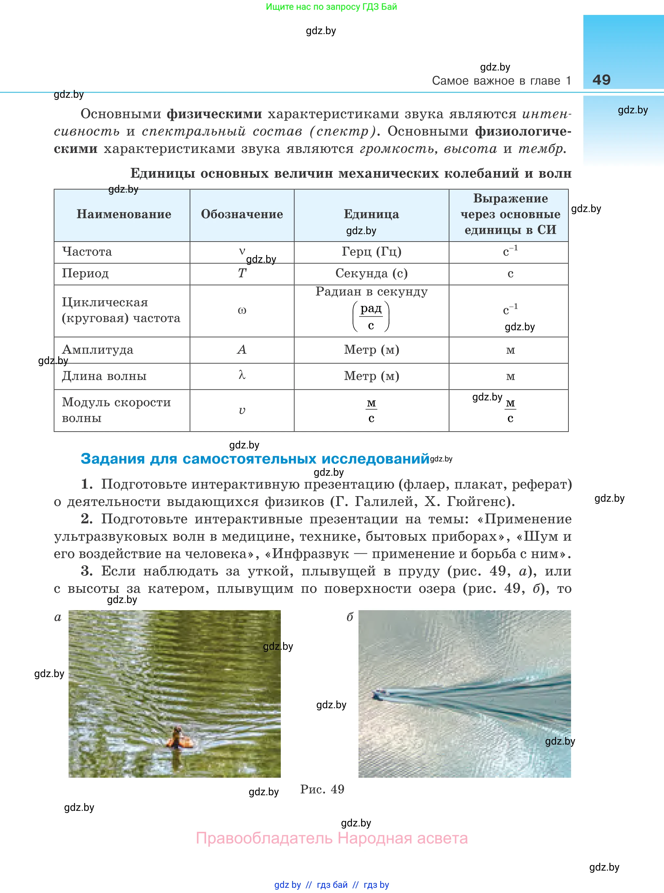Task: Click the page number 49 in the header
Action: [601, 80]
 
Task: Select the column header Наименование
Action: [124, 214]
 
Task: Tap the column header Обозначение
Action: [241, 214]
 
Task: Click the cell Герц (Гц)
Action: [371, 251]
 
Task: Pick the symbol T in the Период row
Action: [241, 273]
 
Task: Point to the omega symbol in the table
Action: [241, 310]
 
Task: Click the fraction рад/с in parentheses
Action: [371, 316]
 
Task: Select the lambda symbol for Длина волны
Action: [241, 375]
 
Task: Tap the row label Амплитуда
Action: [98, 349]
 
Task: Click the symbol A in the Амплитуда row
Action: [241, 349]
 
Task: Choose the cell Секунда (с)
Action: [371, 273]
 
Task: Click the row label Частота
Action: [87, 251]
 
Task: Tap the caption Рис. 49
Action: [322, 789]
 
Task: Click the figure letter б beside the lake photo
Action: [350, 617]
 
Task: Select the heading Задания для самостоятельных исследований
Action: [255, 459]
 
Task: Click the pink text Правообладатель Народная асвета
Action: [332, 838]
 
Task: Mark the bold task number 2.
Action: [86, 519]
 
